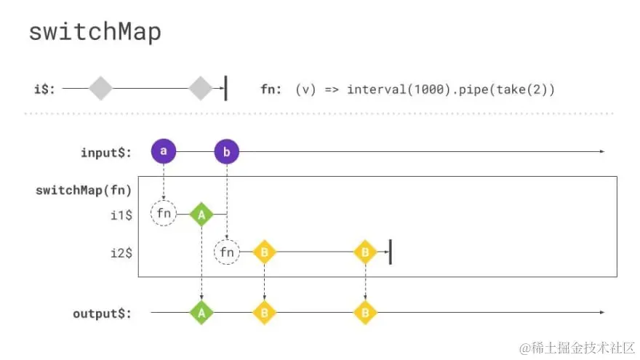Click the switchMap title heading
95,33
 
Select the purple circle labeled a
164,151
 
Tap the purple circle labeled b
227,152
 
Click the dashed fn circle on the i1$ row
164,214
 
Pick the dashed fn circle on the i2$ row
227,252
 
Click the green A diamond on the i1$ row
201,215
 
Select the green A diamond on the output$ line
201,313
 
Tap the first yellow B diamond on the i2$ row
264,252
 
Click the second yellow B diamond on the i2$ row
364,252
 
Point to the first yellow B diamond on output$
264,313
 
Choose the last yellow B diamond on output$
364,313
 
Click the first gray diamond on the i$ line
101,89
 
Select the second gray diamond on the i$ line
200,89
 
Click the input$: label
106,153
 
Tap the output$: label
103,314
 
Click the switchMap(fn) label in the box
83,191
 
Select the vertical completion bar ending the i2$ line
391,252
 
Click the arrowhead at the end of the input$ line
601,151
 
